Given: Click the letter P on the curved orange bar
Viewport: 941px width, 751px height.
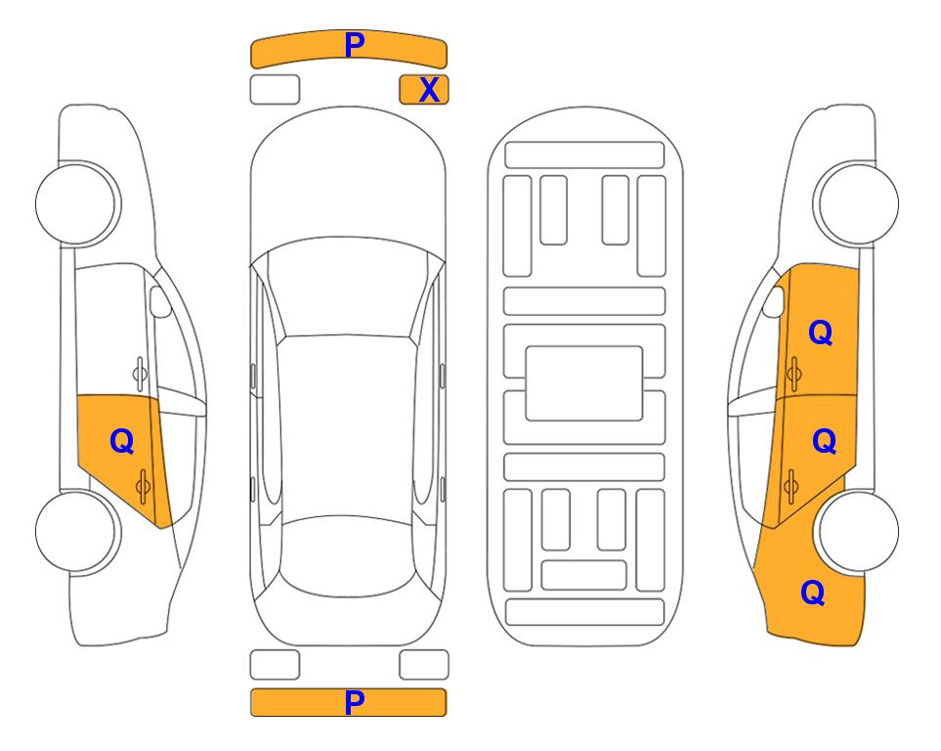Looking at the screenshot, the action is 354,45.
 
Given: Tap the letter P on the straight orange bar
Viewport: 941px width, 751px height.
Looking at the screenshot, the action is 354,702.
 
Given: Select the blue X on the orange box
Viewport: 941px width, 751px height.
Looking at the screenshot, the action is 429,90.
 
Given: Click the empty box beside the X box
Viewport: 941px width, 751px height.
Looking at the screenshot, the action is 275,90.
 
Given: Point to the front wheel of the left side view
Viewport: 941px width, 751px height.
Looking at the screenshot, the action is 76,203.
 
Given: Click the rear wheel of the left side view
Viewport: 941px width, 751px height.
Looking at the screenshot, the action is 76,531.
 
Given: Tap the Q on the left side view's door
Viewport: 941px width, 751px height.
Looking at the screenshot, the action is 122,442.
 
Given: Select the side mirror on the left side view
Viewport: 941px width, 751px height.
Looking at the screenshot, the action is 160,301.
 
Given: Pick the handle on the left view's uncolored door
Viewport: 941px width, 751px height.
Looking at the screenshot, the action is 140,374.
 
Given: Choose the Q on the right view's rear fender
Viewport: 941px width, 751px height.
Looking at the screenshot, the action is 813,593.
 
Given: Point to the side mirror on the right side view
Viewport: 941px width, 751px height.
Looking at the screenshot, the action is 774,301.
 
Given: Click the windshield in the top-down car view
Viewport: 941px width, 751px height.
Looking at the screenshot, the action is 348,288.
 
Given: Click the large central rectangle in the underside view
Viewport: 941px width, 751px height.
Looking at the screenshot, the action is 584,383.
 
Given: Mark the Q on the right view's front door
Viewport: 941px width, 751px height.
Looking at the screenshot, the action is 821,332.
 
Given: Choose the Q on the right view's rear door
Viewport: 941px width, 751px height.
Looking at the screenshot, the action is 824,442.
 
